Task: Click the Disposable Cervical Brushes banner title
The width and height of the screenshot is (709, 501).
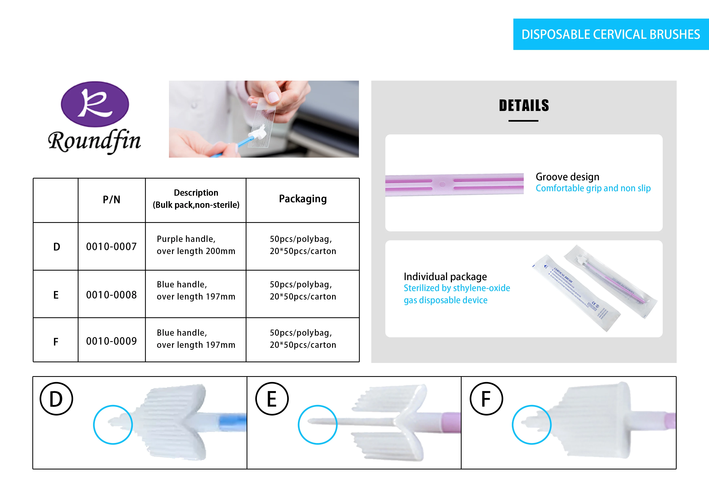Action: pyautogui.click(x=611, y=34)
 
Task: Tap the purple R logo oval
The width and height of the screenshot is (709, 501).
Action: pyautogui.click(x=95, y=104)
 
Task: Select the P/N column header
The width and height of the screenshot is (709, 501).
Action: pyautogui.click(x=112, y=200)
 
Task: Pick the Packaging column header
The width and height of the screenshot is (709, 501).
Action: pyautogui.click(x=303, y=199)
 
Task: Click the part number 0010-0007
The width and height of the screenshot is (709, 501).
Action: pyautogui.click(x=112, y=247)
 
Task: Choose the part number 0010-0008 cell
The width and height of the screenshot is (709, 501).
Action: pyautogui.click(x=112, y=295)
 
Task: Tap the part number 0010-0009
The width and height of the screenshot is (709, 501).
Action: pyautogui.click(x=112, y=341)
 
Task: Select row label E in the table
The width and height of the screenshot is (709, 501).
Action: pyautogui.click(x=56, y=295)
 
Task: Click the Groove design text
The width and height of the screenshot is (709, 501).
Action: pyautogui.click(x=567, y=177)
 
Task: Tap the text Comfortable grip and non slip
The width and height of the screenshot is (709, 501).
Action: pyautogui.click(x=593, y=188)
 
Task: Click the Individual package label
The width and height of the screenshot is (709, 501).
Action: pyautogui.click(x=445, y=277)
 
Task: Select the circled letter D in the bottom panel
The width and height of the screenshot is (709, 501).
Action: pyautogui.click(x=56, y=399)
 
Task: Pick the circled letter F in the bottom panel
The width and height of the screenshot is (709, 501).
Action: pyautogui.click(x=486, y=399)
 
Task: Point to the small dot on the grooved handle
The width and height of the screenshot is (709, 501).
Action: pyautogui.click(x=442, y=184)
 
